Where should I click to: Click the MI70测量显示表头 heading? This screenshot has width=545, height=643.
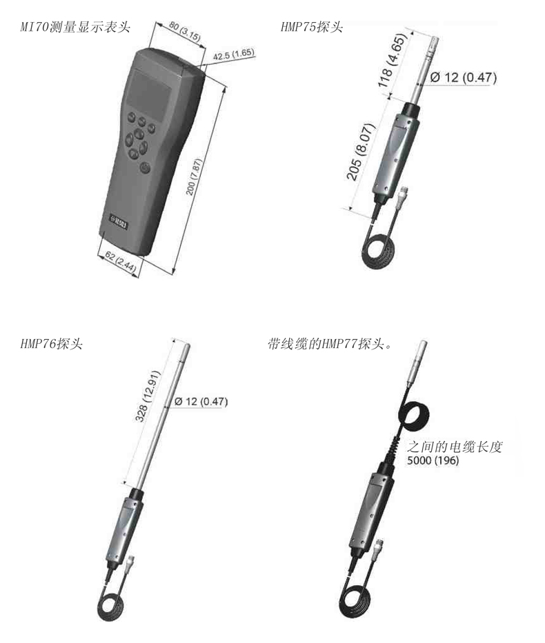coord(75,27)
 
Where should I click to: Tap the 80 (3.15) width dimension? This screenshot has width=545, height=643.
coord(185,32)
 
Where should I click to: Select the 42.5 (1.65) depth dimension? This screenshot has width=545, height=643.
coord(233,54)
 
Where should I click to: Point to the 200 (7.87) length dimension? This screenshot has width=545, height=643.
coord(195,176)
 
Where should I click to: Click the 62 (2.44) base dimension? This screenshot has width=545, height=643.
coord(120,262)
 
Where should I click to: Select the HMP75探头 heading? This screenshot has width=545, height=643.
coord(312,27)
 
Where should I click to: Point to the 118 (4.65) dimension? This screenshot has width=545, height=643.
coord(392,60)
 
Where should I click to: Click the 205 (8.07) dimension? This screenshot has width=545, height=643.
coord(361,152)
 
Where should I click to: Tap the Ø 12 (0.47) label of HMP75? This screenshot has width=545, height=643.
coord(464,77)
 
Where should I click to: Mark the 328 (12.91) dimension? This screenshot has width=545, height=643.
coord(148,396)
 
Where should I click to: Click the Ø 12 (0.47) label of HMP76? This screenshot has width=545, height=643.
coord(201,401)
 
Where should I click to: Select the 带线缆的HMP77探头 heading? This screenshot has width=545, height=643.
coord(330,344)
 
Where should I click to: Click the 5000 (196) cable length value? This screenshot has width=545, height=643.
coord(433,460)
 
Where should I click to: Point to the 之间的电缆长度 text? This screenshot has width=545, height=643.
coord(455,447)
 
